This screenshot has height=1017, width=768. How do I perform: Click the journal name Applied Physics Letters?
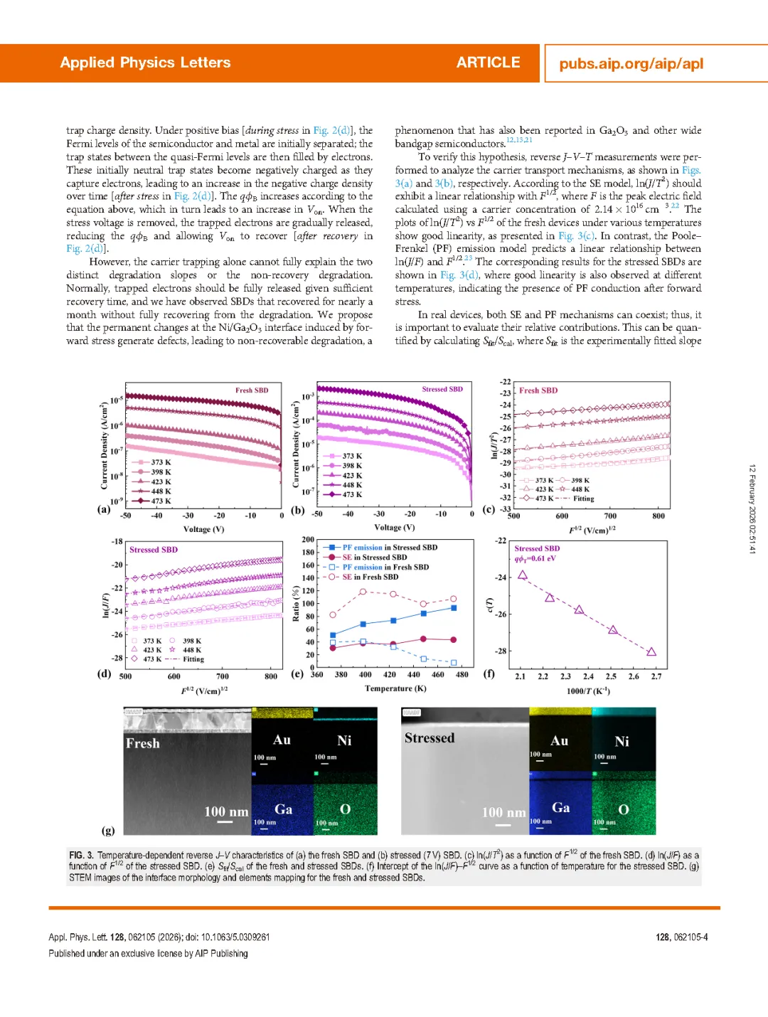click(x=145, y=63)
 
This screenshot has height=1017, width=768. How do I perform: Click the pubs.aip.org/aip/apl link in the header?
click(x=631, y=63)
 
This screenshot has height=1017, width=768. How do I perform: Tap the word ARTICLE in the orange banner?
click(x=488, y=63)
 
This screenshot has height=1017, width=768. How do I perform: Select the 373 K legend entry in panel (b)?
click(x=351, y=456)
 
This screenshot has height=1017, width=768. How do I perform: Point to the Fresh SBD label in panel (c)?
click(x=538, y=390)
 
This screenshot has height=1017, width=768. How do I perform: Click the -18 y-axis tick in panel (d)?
click(x=117, y=542)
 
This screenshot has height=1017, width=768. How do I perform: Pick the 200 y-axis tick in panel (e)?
click(x=308, y=540)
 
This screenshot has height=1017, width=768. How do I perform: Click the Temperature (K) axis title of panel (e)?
click(x=395, y=688)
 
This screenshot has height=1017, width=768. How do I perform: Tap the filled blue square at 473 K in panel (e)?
click(x=454, y=608)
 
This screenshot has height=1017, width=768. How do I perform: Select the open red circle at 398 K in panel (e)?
click(x=363, y=592)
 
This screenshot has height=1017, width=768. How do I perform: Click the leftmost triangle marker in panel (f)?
click(x=523, y=575)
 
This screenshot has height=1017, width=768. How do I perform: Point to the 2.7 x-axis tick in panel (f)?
click(x=656, y=676)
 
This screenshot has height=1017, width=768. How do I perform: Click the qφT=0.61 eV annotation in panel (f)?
click(x=535, y=558)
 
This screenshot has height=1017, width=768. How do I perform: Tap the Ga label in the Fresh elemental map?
click(x=283, y=809)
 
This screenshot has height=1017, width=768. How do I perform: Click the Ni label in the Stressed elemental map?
click(x=622, y=741)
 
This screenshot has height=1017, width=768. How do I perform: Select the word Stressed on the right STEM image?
click(x=430, y=738)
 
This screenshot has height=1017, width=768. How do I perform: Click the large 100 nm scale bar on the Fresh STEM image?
click(x=225, y=821)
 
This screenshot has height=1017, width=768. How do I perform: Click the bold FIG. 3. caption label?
click(x=81, y=855)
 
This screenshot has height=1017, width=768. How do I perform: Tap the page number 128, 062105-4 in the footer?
click(x=681, y=937)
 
